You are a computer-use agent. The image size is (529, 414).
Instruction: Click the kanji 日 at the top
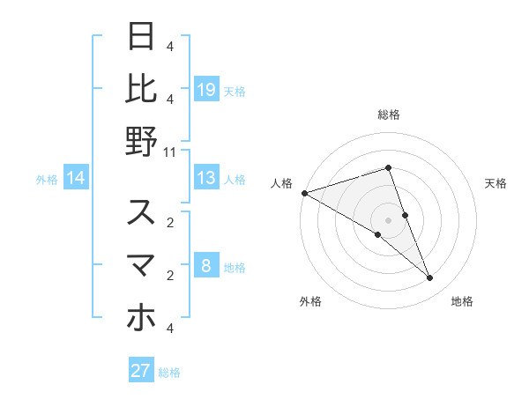point(141,38)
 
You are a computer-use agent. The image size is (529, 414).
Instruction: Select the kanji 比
point(141,89)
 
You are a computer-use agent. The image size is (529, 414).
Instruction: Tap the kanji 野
point(141,142)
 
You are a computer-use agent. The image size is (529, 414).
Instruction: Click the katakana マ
point(141,265)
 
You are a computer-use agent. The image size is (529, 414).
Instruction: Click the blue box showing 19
point(206,90)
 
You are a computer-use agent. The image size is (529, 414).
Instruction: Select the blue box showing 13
point(206,179)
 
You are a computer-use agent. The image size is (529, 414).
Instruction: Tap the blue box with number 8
point(206,267)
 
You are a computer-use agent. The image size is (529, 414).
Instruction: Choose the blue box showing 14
point(76,179)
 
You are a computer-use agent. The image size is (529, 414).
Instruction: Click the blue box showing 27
point(141,371)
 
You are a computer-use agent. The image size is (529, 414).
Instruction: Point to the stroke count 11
point(170,152)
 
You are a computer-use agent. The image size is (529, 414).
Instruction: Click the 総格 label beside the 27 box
point(169,373)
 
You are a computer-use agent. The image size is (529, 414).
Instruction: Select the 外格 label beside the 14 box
point(47,180)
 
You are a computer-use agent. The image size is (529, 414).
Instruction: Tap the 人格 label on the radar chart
point(282,183)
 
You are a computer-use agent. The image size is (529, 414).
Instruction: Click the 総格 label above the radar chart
point(389,115)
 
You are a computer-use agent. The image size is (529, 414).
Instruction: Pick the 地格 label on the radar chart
point(462,301)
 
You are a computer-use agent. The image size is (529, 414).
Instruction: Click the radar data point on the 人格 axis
point(305,192)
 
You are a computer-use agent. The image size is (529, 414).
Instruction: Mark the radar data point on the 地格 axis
point(430,278)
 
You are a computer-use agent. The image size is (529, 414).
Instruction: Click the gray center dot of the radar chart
point(389,219)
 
